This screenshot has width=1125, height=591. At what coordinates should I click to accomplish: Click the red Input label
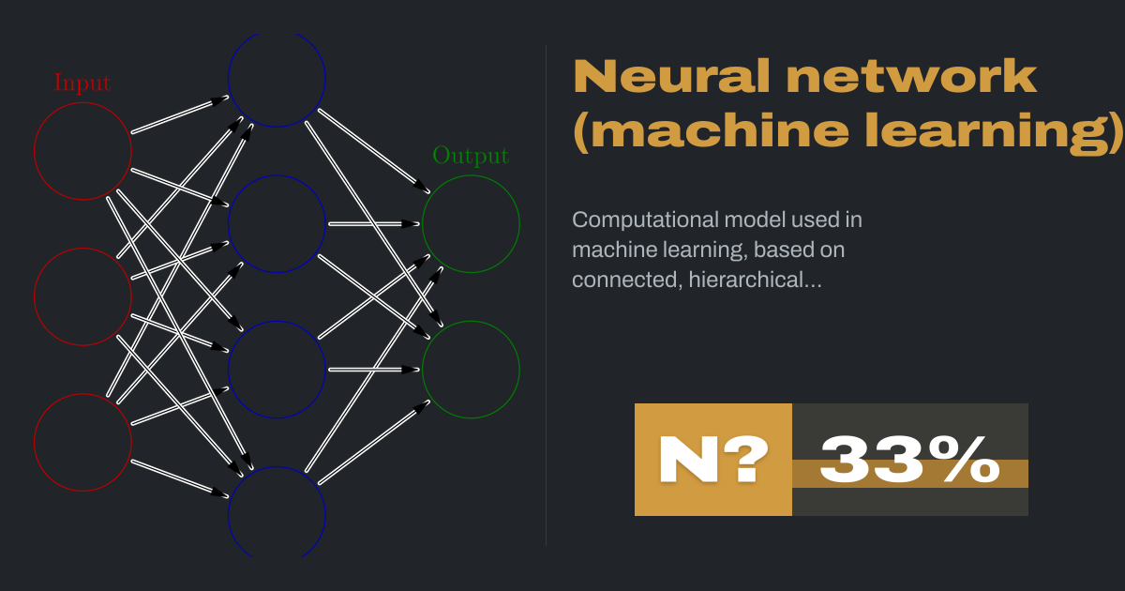coord(82,83)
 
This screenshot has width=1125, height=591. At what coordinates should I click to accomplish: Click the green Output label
coord(471,156)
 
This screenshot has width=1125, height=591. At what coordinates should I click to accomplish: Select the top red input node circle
coord(82,150)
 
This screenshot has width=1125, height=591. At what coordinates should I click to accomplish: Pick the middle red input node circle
coord(82,296)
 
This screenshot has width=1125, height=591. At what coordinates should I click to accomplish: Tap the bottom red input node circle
coord(82,442)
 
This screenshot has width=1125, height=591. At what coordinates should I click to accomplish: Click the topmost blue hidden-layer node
coord(277,79)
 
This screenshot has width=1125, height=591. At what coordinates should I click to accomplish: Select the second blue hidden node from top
coord(277,224)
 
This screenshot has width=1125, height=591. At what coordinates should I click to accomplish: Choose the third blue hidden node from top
coord(277,370)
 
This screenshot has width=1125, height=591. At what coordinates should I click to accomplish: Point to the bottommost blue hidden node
coord(277,514)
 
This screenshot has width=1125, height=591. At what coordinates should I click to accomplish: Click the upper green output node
coord(471,224)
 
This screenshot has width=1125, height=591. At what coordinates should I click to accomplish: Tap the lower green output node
coord(471,370)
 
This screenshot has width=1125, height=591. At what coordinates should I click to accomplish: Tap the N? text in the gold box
coord(712,460)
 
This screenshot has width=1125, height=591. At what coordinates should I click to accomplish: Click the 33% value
coord(909,460)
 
